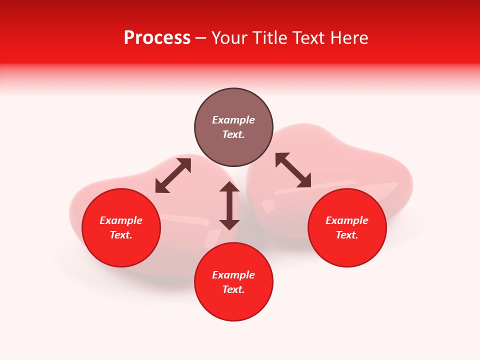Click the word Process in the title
point(157,38)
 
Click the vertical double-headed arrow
point(229,205)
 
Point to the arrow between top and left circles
point(173,175)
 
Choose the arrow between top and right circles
point(293,170)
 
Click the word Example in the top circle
point(233,120)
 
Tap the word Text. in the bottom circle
point(233,289)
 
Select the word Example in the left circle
point(121,220)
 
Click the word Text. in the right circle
point(347,235)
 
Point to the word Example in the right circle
point(347,220)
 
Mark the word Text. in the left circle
point(121,235)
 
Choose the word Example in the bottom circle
point(233,275)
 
